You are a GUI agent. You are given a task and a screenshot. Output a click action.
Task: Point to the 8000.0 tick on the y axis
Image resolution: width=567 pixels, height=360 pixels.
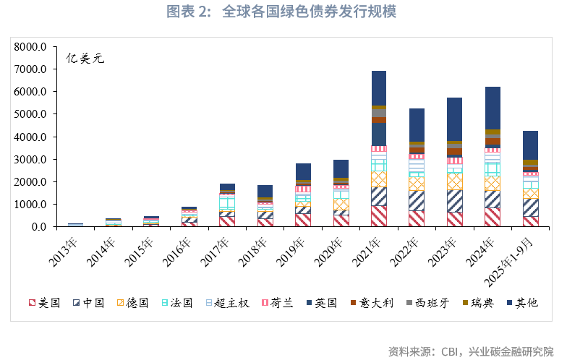30,47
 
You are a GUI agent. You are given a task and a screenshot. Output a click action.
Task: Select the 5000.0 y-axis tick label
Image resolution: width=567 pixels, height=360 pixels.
30,114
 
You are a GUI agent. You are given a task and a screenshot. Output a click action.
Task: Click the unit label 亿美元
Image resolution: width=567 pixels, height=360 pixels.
85,59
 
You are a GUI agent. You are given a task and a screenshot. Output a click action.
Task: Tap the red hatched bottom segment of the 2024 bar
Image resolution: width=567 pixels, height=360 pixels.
493,217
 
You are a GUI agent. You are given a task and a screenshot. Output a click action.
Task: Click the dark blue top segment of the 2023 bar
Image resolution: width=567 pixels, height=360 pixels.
455,119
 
